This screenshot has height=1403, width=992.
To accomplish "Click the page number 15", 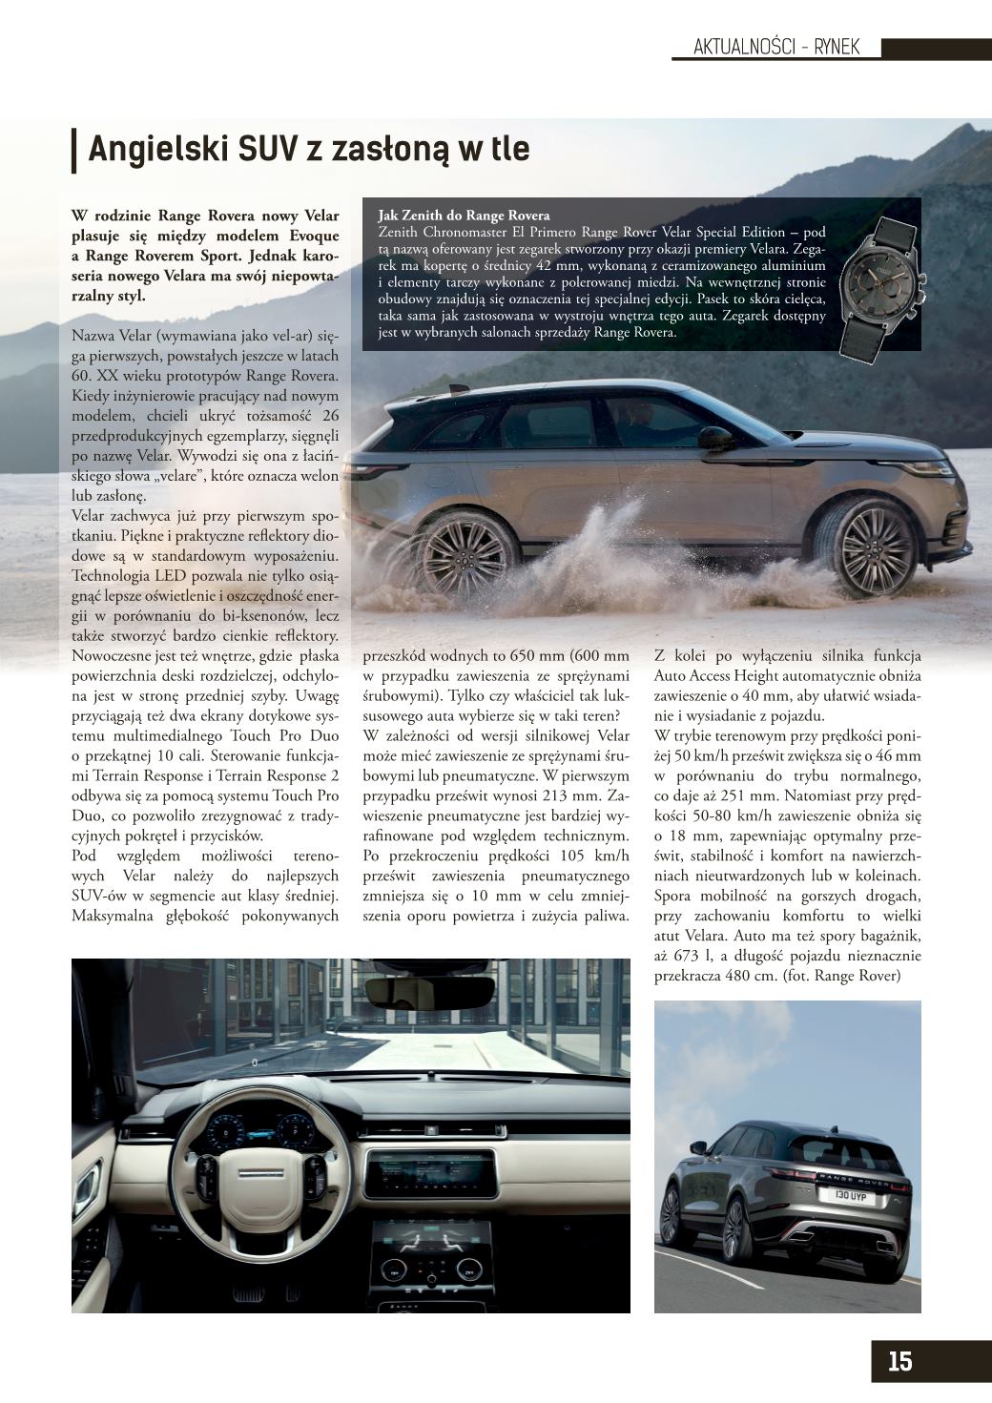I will tap(899, 1360).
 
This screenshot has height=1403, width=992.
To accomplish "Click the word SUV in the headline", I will tap(266, 150).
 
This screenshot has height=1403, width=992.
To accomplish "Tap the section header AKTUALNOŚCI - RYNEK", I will tap(776, 48).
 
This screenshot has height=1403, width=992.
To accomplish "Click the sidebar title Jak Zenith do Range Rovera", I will tap(464, 216).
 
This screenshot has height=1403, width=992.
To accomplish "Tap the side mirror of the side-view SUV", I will tap(713, 439).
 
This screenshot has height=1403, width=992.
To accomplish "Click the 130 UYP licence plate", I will tap(852, 1194).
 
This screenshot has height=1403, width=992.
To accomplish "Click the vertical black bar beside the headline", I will tap(73, 151).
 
